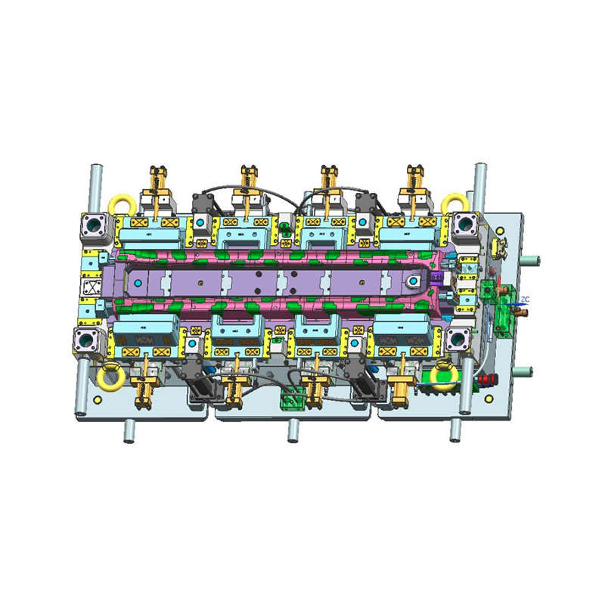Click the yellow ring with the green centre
pyautogui.click(x=443, y=374)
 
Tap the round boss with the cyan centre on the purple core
pyautogui.click(x=414, y=282)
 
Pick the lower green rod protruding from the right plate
pyautogui.click(x=531, y=371)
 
